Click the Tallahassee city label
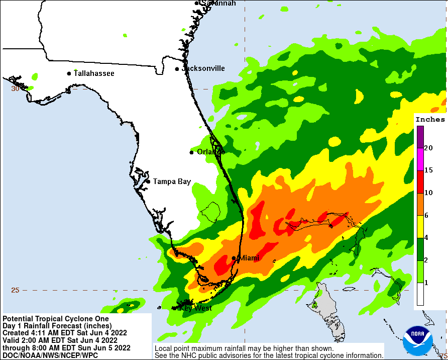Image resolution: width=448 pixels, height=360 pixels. pyautogui.click(x=94, y=73)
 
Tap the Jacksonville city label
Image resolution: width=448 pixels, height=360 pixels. pyautogui.click(x=203, y=68)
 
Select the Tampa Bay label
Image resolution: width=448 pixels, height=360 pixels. pyautogui.click(x=172, y=182)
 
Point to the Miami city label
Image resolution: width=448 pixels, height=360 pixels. pyautogui.click(x=249, y=258)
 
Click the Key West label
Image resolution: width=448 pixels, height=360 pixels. pyautogui.click(x=196, y=308)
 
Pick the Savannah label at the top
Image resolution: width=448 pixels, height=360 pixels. pyautogui.click(x=218, y=4)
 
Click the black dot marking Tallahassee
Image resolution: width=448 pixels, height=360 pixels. pyautogui.click(x=69, y=73)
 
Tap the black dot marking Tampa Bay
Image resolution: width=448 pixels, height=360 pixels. pyautogui.click(x=148, y=182)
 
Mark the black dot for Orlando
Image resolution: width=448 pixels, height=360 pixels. pyautogui.click(x=191, y=152)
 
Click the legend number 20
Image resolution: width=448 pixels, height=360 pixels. pyautogui.click(x=428, y=148)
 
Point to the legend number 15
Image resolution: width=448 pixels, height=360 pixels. pyautogui.click(x=428, y=170)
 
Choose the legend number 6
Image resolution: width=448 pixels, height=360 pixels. pyautogui.click(x=426, y=215)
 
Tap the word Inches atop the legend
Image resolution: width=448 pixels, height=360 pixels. pyautogui.click(x=430, y=120)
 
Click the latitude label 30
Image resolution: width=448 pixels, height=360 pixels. pyautogui.click(x=15, y=89)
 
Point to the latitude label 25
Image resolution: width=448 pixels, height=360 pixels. pyautogui.click(x=15, y=290)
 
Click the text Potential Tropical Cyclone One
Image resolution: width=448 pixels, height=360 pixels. pyautogui.click(x=56, y=319)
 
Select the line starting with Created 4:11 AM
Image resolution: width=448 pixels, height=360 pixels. pyautogui.click(x=65, y=333)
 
